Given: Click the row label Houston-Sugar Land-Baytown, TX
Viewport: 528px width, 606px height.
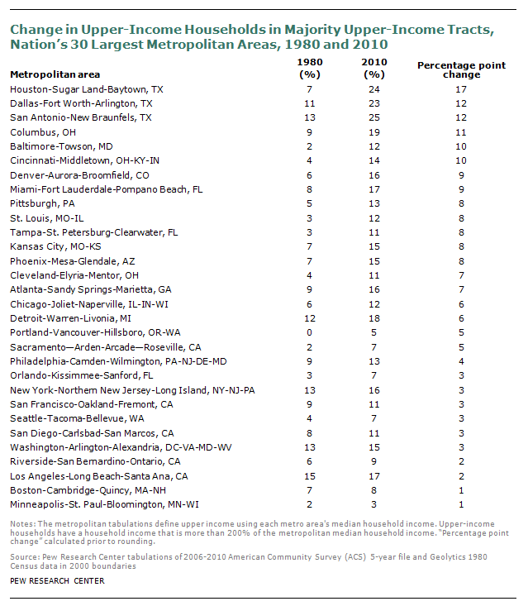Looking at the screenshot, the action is pos(87,89).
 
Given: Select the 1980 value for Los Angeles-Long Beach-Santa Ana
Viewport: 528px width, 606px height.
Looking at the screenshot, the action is pos(310,476).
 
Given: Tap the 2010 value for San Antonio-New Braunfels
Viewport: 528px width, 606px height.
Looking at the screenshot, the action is pos(373,117).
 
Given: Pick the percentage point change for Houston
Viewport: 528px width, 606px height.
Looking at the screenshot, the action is pos(461,89).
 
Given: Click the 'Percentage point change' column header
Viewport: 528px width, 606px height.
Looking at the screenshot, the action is pos(462,70).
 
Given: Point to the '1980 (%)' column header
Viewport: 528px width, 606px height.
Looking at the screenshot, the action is pos(310,68).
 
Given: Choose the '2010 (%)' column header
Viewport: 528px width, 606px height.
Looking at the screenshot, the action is pos(374,68).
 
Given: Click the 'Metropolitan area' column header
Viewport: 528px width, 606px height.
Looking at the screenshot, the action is pos(55,74).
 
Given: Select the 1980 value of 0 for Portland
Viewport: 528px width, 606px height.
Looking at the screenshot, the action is pos(309,332).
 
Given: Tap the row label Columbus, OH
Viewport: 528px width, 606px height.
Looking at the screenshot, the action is pos(43,132).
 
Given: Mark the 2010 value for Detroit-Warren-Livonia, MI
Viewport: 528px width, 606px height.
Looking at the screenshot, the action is pos(373,318).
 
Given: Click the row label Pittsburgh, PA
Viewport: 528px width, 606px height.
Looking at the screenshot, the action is pos(42,203).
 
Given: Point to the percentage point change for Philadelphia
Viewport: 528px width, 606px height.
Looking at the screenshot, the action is pos(461,361).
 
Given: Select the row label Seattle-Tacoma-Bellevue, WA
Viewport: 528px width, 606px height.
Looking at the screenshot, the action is pos(77,418).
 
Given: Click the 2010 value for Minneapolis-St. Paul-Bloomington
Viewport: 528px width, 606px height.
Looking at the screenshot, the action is pos(373,504).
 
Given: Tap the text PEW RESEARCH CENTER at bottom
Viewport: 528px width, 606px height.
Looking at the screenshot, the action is pos(57,581).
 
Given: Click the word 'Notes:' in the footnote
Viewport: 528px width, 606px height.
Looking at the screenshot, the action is pos(23,524).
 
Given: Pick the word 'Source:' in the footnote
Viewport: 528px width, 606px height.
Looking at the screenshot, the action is pos(25,557).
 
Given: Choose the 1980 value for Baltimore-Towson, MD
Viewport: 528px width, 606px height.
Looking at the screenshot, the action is pos(309,146).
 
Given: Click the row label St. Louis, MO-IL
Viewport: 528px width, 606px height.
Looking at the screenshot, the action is pos(47,218).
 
